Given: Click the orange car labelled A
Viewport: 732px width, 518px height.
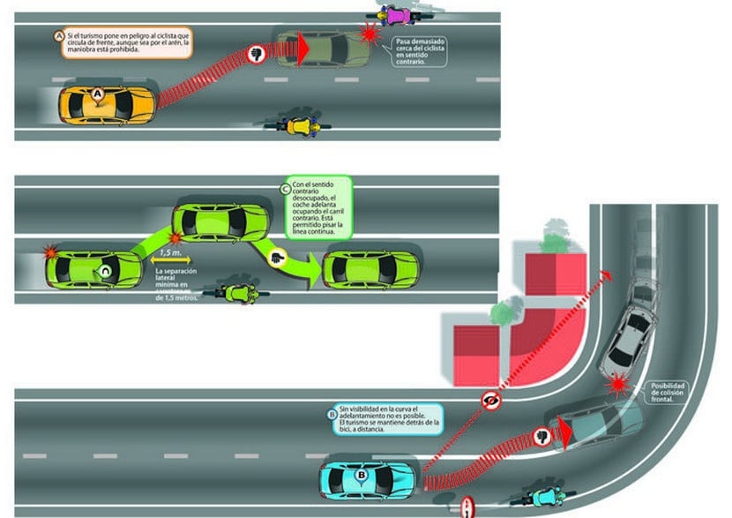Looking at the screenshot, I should click(107, 105).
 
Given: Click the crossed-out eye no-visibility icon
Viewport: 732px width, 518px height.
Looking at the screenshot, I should click(492, 402).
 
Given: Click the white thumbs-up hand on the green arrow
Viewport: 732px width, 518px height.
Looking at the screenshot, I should click(279, 258).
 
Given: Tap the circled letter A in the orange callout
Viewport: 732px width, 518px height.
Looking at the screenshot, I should click(59, 36).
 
